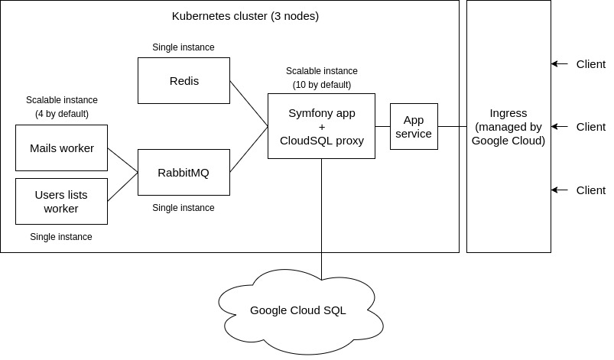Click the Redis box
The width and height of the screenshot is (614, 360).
184,80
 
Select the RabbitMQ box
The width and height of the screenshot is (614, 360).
184,172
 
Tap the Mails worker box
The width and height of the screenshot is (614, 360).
61,148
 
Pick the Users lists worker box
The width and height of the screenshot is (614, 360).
61,201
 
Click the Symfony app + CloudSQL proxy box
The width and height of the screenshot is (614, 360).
321,126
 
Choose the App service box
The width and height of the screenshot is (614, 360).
414,126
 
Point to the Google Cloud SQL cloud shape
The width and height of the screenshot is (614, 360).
298,310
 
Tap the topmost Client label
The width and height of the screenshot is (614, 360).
590,63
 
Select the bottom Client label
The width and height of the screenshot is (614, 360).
590,190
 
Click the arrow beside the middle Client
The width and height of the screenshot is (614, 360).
560,126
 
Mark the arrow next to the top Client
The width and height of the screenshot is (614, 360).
560,63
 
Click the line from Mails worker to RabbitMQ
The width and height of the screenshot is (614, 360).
122,160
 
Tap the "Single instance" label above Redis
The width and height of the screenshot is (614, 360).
184,47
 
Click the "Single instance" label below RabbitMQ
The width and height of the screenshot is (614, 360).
184,208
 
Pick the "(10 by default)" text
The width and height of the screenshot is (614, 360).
321,84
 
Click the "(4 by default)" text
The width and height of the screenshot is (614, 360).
61,114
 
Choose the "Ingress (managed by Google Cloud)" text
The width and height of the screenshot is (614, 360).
508,127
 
